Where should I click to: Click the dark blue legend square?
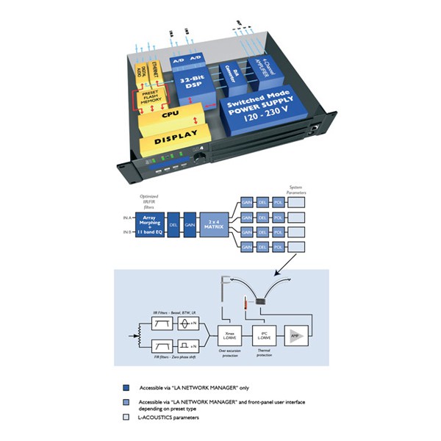point(126,387)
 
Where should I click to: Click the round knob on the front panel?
point(199,159)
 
